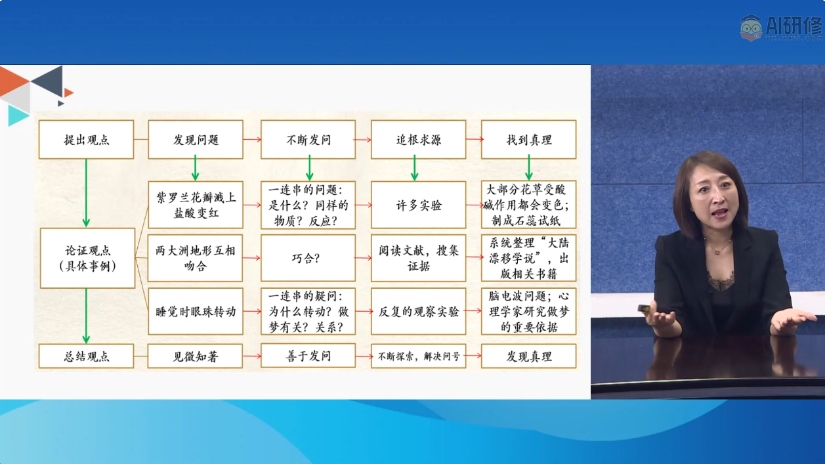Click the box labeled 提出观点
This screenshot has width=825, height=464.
(x=86, y=140)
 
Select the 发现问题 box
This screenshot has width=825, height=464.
(x=196, y=140)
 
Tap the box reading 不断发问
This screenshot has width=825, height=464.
(x=308, y=140)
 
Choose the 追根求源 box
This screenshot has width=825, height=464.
(x=418, y=140)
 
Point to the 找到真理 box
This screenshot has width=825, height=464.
(x=528, y=140)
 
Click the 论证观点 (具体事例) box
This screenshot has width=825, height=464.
(x=88, y=258)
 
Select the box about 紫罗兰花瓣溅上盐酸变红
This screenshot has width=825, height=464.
(x=196, y=205)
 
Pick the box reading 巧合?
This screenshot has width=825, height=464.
(x=308, y=258)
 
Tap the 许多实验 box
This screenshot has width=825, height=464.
(x=418, y=205)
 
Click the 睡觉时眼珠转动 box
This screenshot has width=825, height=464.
(x=196, y=312)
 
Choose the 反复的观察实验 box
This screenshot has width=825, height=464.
(x=418, y=312)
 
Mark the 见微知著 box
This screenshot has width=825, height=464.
(x=195, y=356)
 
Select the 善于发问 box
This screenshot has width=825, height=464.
(x=308, y=356)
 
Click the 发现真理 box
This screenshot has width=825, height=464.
(x=528, y=356)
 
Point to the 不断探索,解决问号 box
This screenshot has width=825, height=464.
(x=418, y=356)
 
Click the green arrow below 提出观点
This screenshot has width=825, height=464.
(x=86, y=193)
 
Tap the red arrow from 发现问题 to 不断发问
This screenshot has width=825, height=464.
(x=252, y=140)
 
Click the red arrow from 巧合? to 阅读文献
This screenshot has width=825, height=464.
(x=364, y=258)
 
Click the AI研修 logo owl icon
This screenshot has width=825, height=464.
(x=751, y=28)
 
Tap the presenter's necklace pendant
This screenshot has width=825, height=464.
(x=717, y=253)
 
